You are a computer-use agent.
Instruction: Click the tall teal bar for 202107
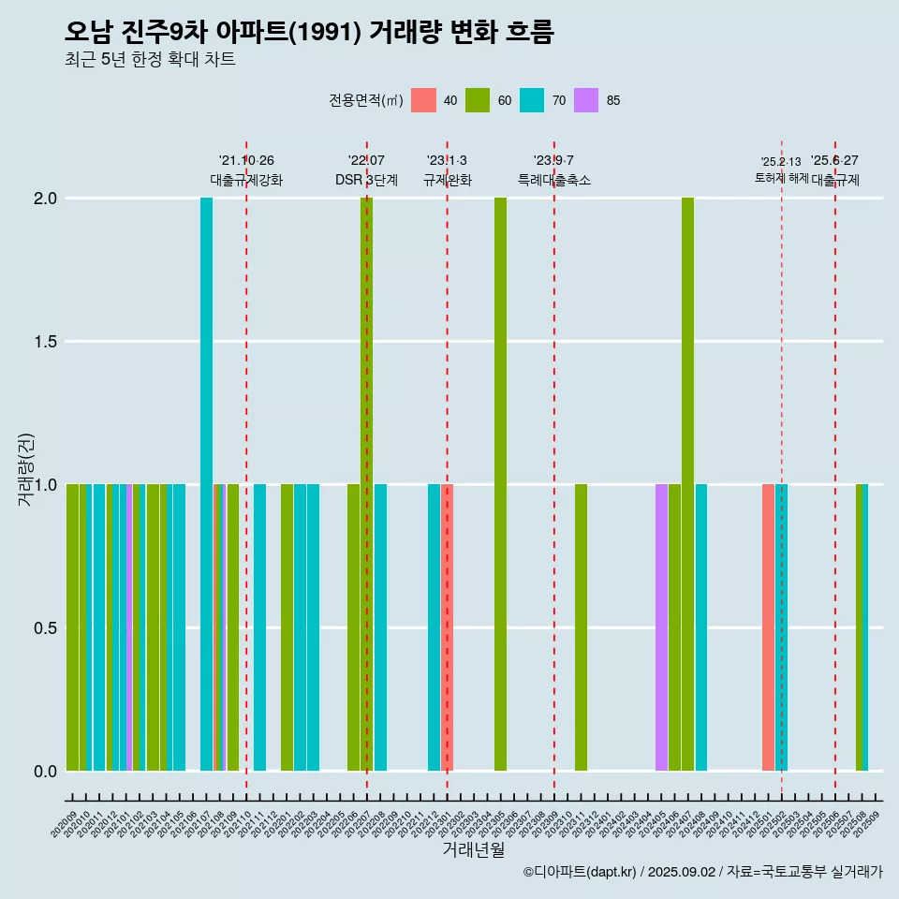click(x=206, y=483)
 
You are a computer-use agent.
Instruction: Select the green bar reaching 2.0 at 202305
click(x=500, y=483)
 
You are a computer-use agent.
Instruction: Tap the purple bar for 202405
click(x=661, y=627)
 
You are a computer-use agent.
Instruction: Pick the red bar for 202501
click(x=768, y=627)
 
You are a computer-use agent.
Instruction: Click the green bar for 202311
click(x=581, y=627)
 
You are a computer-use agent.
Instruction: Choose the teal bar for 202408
click(x=701, y=627)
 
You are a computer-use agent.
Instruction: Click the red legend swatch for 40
click(x=424, y=100)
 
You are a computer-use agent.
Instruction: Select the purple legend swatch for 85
click(x=586, y=100)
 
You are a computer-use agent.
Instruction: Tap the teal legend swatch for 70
click(x=532, y=100)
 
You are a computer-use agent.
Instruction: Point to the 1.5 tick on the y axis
click(x=45, y=342)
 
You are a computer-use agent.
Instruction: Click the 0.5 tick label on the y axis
click(x=45, y=628)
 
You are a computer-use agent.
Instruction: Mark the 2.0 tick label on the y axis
click(x=45, y=199)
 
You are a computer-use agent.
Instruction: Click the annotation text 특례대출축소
click(x=554, y=180)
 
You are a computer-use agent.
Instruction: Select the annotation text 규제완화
click(x=447, y=180)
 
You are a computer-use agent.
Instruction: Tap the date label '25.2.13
click(x=780, y=162)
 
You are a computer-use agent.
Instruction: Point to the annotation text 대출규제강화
click(x=245, y=180)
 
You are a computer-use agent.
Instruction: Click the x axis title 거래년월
click(x=473, y=850)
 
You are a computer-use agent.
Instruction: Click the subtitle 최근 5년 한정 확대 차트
click(x=150, y=60)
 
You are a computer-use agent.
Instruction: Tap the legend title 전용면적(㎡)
click(x=365, y=100)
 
